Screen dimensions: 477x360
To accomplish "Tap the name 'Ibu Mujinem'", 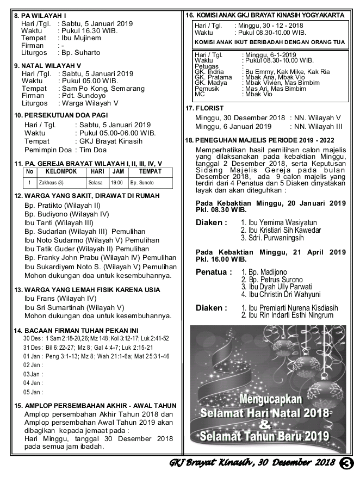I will pyautogui.click(x=81, y=38).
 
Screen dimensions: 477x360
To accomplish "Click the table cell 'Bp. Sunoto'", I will pyautogui.click(x=142, y=183).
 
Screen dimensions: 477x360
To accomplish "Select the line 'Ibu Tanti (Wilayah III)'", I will pyautogui.click(x=58, y=222).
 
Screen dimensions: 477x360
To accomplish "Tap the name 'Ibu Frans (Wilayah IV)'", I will pyautogui.click(x=60, y=298).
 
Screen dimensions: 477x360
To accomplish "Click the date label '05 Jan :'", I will pyautogui.click(x=33, y=392).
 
